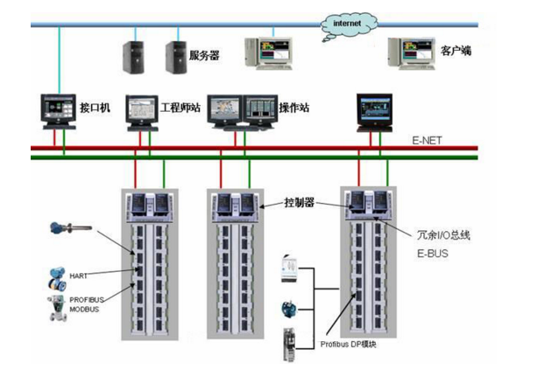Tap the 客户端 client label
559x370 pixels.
pos(455,52)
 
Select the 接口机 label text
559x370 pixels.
pos(95,108)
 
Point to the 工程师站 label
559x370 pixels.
pos(179,108)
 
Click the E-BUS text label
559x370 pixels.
pos(430,254)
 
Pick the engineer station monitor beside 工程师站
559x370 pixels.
pos(141,109)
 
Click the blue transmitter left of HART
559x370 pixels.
pos(58,279)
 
